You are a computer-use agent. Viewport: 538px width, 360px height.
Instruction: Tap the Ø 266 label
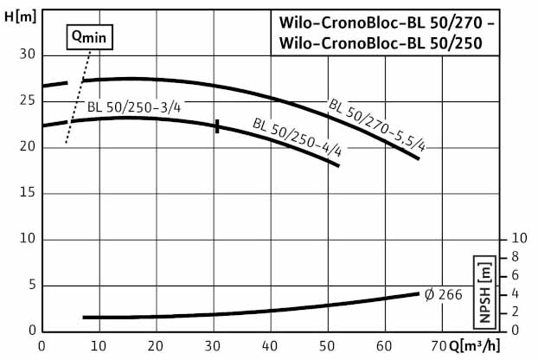444,294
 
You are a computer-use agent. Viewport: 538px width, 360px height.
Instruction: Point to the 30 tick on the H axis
27,55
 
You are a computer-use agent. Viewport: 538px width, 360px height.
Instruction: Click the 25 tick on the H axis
27,100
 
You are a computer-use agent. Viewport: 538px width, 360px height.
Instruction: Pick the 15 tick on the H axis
27,193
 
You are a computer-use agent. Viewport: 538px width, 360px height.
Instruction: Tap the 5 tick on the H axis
31,285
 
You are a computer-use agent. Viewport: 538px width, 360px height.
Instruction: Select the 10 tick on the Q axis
99,346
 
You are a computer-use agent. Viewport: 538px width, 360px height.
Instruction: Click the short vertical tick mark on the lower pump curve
217,126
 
